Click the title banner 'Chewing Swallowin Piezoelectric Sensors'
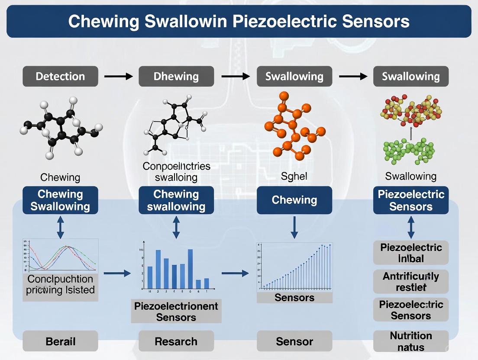pos(239,21)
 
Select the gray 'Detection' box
pos(60,77)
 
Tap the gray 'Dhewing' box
pos(176,77)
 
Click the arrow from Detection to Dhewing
pos(118,77)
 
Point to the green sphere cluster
pos(409,151)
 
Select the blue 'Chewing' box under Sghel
pos(294,200)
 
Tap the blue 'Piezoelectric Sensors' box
pos(411,200)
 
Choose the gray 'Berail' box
pos(60,341)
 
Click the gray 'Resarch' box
pos(176,341)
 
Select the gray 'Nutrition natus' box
pos(411,341)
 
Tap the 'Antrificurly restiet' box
pos(411,282)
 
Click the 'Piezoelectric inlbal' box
pos(411,253)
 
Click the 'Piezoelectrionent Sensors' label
pos(176,312)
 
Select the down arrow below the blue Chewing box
pos(294,227)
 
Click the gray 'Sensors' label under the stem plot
pos(294,297)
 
